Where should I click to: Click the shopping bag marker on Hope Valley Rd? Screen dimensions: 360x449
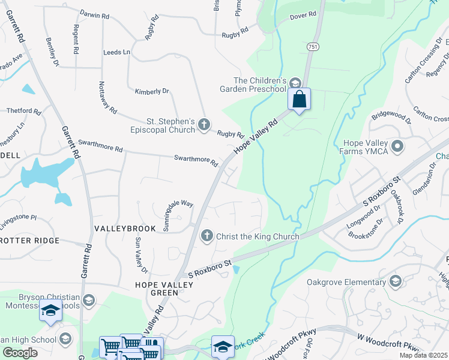click(299, 100)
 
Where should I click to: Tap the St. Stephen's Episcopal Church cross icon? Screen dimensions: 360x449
click(204, 125)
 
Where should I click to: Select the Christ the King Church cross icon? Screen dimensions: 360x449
click(207, 236)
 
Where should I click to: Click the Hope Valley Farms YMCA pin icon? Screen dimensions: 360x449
click(397, 146)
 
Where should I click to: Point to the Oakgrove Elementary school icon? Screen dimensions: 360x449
click(395, 281)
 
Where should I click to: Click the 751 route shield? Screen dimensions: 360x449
click(312, 46)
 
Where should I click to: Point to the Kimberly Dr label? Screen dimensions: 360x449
click(152, 91)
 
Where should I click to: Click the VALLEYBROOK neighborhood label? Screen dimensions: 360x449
click(125, 229)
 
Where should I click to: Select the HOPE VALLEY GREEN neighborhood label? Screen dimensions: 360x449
click(164, 289)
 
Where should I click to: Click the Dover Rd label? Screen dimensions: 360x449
click(303, 15)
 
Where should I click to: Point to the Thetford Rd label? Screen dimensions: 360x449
click(23, 111)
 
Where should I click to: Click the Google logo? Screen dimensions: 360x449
click(20, 353)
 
